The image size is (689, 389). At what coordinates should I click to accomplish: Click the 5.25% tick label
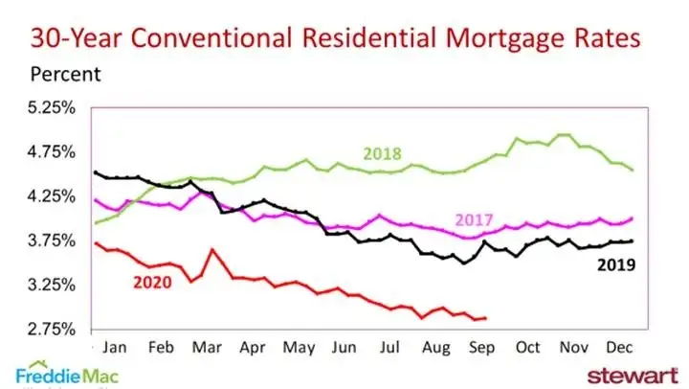pos(50,107)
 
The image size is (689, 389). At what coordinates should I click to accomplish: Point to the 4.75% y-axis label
pos(50,151)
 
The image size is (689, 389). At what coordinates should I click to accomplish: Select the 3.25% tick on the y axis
pos(50,285)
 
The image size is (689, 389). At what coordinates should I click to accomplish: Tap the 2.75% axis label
pos(50,329)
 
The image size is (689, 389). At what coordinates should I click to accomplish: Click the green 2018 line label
pos(381,153)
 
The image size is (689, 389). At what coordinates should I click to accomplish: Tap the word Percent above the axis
pos(65,73)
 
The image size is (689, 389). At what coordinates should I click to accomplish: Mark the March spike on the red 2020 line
pos(211,250)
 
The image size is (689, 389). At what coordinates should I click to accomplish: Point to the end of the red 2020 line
pos(485,318)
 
